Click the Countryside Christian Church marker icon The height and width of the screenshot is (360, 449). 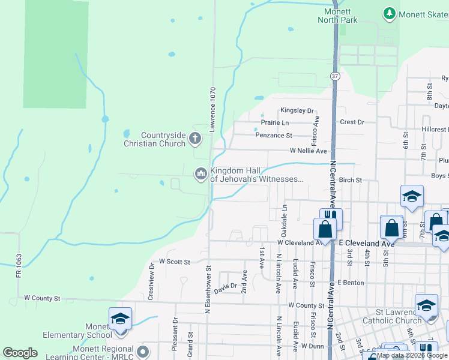coord(194,139)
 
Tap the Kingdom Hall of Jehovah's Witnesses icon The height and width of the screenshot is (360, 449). coord(200,174)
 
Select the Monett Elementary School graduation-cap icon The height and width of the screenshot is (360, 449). coord(119,319)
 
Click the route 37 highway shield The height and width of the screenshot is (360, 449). coord(334,76)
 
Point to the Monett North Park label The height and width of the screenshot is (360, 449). coord(340,16)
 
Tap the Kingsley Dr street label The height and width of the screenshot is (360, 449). coord(297,111)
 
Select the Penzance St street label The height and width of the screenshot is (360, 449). coord(273,136)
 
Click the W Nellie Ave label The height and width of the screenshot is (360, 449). coord(308,151)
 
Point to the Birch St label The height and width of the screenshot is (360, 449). coord(351,180)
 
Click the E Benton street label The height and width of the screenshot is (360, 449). coord(351,282)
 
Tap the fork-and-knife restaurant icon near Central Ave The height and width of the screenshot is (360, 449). coord(331,215)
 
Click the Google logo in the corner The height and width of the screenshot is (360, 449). coord(20,353)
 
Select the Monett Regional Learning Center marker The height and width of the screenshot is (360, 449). coord(143,350)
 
